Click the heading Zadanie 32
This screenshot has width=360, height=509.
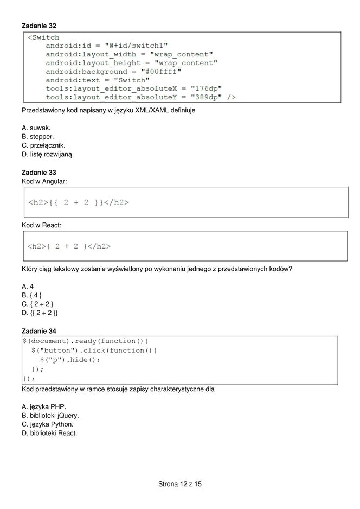(38, 26)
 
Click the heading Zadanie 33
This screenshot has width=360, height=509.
(38, 173)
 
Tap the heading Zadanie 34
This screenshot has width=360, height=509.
(38, 330)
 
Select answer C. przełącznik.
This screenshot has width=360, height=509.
(43, 145)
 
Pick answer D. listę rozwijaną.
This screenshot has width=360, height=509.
(48, 154)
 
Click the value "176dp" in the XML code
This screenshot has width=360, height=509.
(206, 88)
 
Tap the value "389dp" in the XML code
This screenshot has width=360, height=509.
(206, 97)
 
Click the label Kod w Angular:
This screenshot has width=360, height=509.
(44, 181)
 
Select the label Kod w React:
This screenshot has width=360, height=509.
(42, 224)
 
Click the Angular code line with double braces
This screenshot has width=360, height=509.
(78, 203)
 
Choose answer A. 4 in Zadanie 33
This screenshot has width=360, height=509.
(28, 286)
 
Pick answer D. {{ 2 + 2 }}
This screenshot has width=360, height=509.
(40, 313)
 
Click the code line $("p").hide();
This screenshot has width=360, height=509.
(70, 359)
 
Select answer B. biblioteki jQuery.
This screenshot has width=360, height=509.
(50, 416)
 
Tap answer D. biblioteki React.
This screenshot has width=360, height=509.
(49, 433)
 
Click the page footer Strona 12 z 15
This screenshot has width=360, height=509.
(180, 483)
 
